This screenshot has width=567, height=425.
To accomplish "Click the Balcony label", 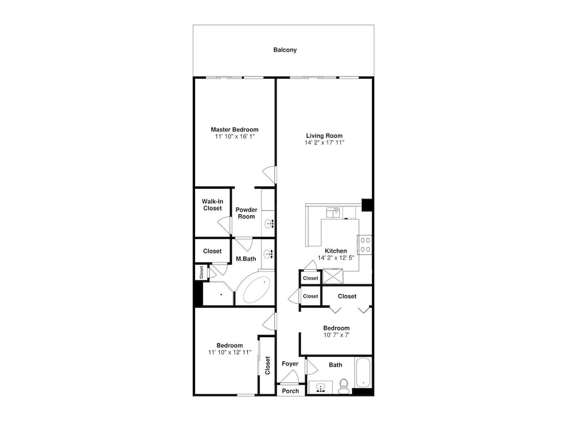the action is [285, 50].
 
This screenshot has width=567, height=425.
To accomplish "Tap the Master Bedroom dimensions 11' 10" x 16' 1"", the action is [235, 136].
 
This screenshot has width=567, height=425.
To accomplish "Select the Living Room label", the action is [324, 135].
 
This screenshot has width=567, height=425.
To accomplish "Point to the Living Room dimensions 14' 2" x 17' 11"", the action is [324, 142].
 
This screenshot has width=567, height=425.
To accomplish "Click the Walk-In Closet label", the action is [212, 205].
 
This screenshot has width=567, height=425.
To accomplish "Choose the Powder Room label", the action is [246, 213].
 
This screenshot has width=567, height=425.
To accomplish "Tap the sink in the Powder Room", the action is [269, 224].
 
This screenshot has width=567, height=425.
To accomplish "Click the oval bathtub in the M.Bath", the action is [257, 290].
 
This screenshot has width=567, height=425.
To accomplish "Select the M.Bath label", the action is [246, 259].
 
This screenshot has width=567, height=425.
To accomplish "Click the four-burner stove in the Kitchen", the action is [365, 245].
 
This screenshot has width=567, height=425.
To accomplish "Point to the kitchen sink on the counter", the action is [333, 212].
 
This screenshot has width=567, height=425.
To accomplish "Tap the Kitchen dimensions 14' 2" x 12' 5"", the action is [336, 258].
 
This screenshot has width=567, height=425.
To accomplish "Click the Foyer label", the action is [290, 364].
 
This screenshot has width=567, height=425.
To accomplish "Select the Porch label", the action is [290, 390].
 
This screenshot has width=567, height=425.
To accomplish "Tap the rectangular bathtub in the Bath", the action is [363, 373].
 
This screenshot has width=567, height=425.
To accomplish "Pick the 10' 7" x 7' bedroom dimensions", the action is [336, 335].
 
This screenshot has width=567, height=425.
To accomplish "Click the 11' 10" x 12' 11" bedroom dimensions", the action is [230, 352].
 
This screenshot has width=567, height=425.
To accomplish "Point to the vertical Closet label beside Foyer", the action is [268, 365].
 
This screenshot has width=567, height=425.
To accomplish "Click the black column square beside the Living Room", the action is [367, 205].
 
